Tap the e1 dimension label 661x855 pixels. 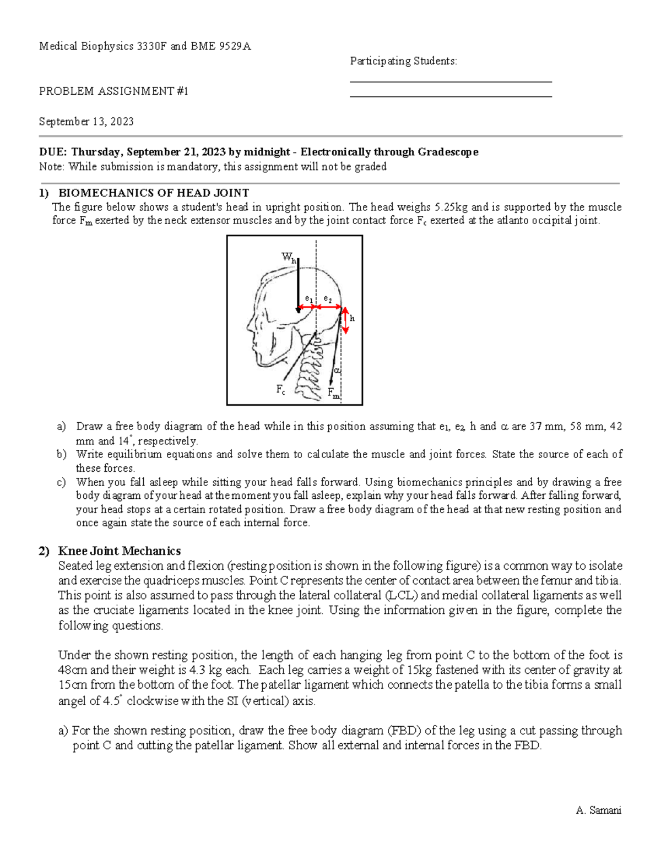(x=309, y=299)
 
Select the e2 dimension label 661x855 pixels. (x=327, y=299)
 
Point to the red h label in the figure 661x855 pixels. (x=352, y=318)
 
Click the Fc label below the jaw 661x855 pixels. (x=280, y=390)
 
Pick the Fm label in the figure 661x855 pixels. (x=333, y=393)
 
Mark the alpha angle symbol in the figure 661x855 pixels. (x=337, y=371)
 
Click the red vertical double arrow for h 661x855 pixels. (x=345, y=320)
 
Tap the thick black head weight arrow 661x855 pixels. (x=298, y=286)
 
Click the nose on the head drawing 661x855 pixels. (x=249, y=325)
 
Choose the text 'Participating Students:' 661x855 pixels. (x=404, y=61)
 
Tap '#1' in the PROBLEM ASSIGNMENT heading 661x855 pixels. (x=183, y=91)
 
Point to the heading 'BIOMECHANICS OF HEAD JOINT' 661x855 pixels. (x=154, y=193)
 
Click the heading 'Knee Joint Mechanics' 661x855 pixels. (x=120, y=551)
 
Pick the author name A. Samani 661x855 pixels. (x=598, y=810)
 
